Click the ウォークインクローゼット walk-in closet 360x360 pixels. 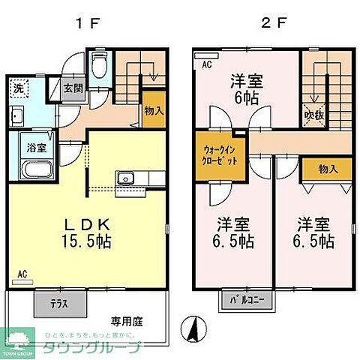coord(220,156)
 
